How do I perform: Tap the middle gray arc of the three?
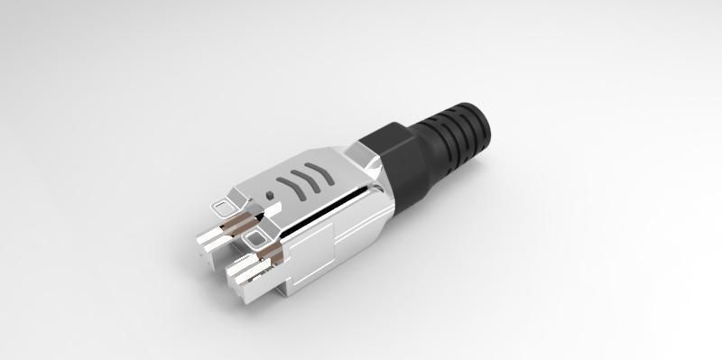pyautogui.click(x=305, y=178)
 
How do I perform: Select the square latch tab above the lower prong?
pyautogui.click(x=257, y=237)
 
